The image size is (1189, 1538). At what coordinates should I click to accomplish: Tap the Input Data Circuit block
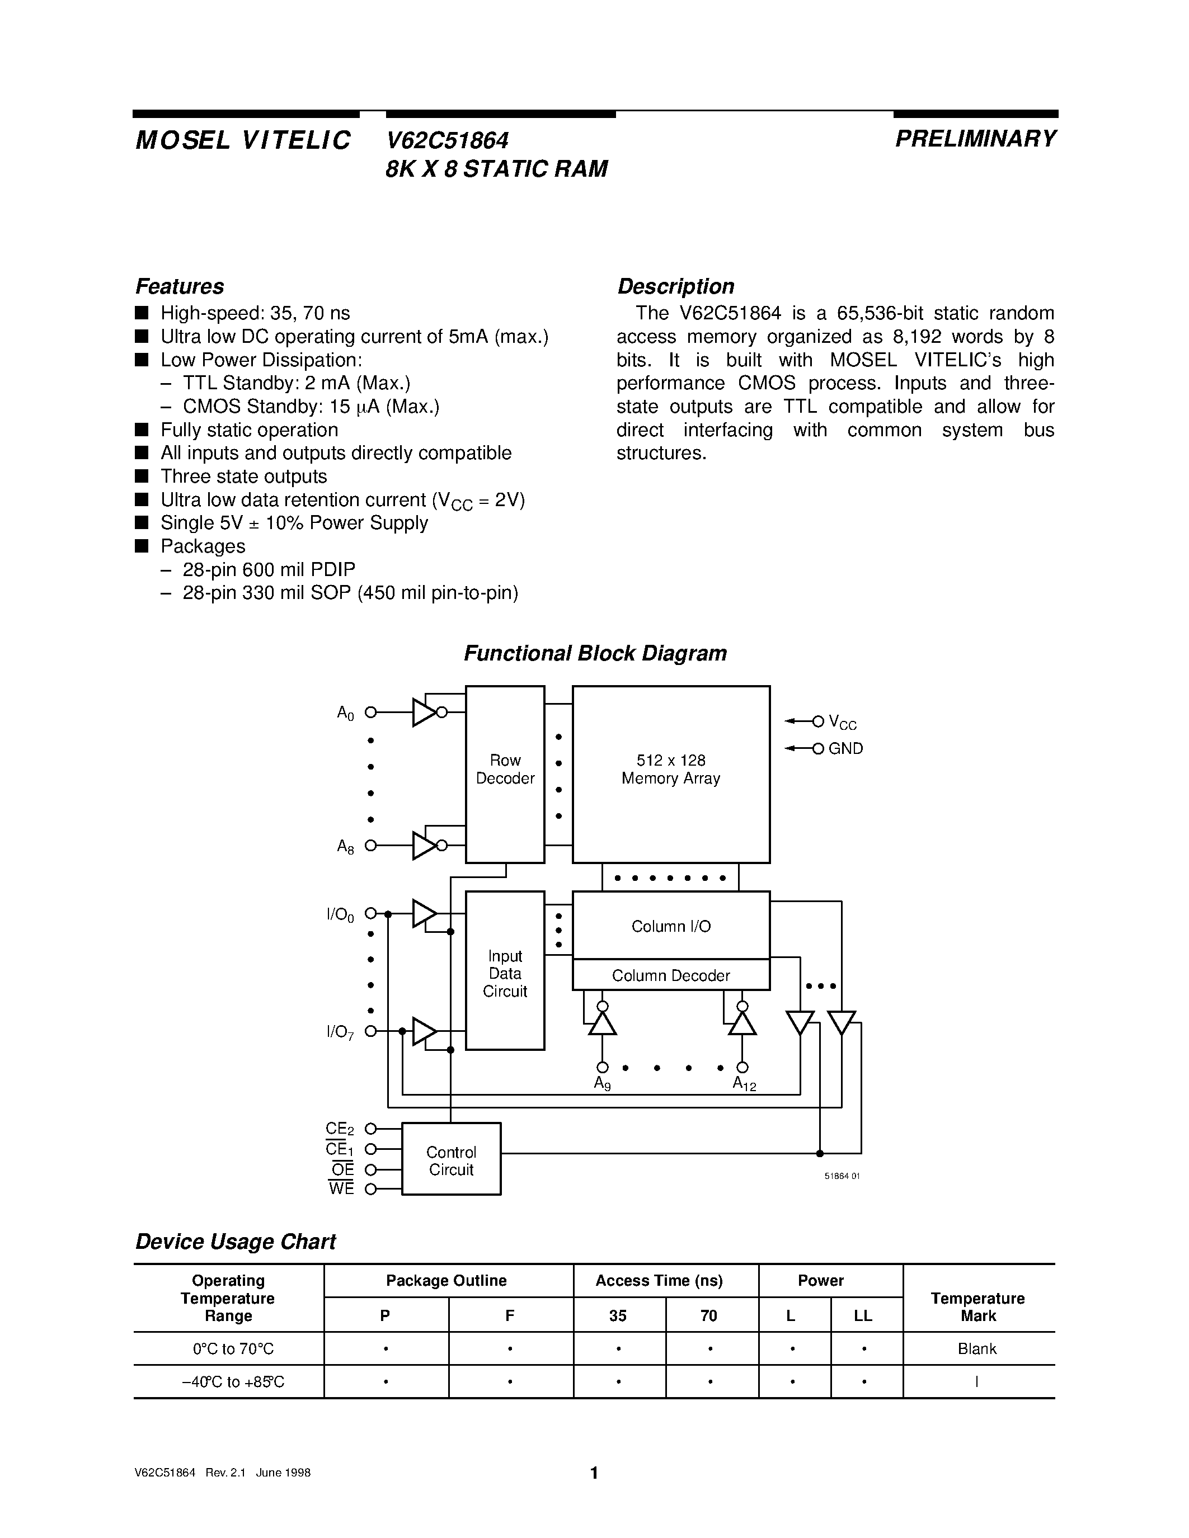[505, 973]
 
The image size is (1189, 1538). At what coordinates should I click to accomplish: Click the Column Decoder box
[670, 975]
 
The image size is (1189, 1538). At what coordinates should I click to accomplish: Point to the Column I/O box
[670, 926]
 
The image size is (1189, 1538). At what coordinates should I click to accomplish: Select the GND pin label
[845, 748]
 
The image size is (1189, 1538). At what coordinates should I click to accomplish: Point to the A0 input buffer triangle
[424, 712]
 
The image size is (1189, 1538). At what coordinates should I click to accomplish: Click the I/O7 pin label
[341, 1032]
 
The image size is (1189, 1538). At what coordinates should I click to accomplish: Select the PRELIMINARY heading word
[976, 139]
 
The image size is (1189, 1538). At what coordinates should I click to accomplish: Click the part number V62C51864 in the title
[447, 141]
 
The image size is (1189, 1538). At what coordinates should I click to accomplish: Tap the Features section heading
[180, 286]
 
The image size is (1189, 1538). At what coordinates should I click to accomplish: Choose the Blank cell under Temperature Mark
[977, 1348]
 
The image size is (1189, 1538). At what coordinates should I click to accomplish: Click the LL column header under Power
[863, 1315]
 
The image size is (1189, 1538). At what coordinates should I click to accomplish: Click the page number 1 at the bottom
[594, 1473]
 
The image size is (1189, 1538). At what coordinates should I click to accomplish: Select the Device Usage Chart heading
[235, 1241]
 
